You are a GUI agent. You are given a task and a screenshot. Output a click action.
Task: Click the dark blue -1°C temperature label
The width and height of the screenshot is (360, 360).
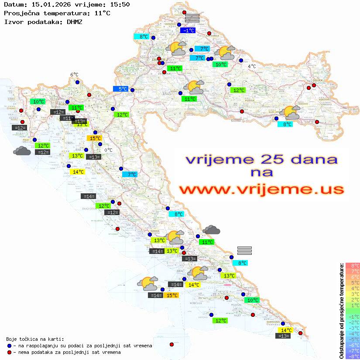tap(189, 30)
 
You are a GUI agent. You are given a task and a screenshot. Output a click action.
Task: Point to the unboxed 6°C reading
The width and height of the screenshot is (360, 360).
tap(74, 75)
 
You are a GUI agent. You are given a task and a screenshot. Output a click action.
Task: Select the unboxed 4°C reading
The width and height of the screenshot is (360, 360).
tap(252, 66)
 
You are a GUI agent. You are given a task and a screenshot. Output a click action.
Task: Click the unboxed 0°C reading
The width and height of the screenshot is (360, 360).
tap(108, 150)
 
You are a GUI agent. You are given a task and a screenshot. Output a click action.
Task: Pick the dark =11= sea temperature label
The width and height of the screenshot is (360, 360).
tap(67, 118)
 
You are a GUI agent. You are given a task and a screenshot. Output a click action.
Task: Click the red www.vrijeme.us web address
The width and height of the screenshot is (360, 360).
tap(261, 190)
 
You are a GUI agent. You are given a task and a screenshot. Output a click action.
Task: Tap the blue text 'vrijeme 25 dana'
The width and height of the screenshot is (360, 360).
tap(261, 159)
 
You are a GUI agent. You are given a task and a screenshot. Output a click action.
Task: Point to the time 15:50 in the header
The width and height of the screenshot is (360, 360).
tap(120, 4)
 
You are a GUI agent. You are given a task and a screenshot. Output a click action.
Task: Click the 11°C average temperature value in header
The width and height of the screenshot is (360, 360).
tap(102, 13)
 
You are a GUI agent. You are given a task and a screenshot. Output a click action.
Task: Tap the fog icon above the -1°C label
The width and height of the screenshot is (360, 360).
tap(192, 18)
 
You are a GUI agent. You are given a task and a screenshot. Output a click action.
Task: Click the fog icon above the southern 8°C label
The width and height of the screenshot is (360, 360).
tap(245, 250)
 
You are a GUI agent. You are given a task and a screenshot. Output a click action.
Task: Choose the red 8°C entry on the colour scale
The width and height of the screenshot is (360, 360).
tap(353, 265)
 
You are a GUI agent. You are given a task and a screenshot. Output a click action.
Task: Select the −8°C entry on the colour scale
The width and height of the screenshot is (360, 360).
tap(353, 356)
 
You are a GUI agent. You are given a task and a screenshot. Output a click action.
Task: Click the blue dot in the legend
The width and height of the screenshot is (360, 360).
tap(9, 346)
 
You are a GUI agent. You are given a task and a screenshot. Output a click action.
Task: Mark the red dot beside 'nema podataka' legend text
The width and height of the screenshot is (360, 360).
tap(9, 352)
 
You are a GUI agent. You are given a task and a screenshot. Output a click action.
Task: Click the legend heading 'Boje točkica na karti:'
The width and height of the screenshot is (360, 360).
tap(35, 339)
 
